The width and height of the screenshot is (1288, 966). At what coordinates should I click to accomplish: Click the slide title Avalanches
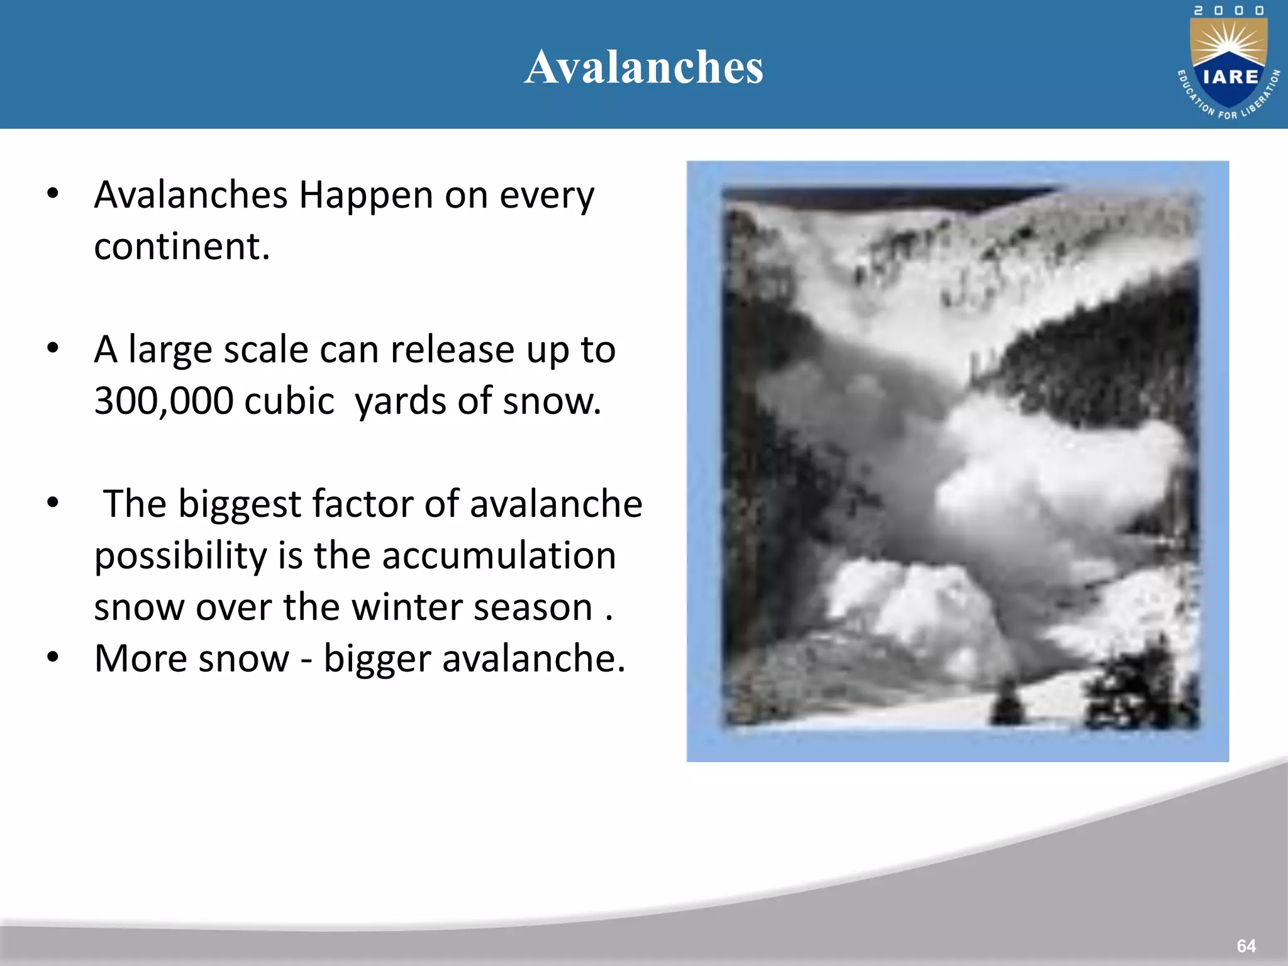(x=644, y=67)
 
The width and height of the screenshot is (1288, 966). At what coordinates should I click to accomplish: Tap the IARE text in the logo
(x=1230, y=77)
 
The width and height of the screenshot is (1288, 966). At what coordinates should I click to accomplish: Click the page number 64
(x=1246, y=946)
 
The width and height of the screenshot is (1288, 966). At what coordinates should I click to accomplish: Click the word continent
(x=182, y=246)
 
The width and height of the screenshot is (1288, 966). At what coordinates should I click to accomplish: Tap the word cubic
(x=289, y=401)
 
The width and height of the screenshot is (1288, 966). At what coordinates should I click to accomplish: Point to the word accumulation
(x=498, y=556)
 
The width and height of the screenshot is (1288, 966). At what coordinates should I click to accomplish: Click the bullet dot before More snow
(x=53, y=657)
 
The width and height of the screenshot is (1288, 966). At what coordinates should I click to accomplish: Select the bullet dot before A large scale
(x=53, y=348)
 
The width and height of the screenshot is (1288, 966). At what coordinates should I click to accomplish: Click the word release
(x=452, y=350)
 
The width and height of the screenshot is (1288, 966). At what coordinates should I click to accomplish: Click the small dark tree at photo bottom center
(x=1007, y=702)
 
